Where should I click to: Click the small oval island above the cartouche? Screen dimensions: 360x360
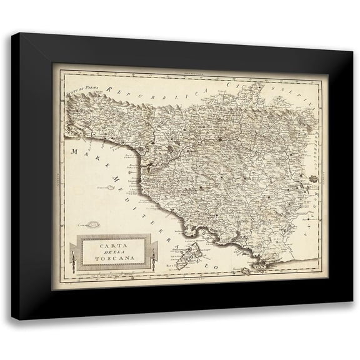[94, 223]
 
